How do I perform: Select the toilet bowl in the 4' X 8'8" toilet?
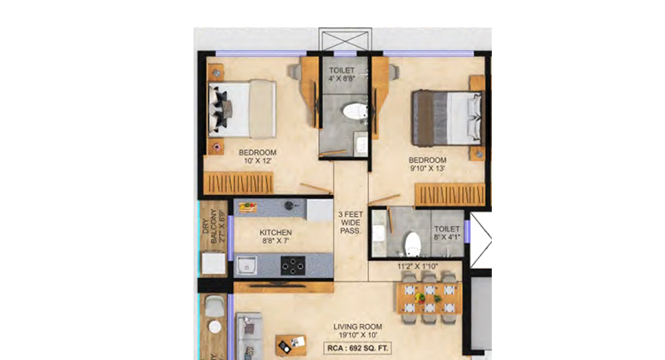(350, 112)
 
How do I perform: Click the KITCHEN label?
(276, 232)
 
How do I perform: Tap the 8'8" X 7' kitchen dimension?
(276, 242)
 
